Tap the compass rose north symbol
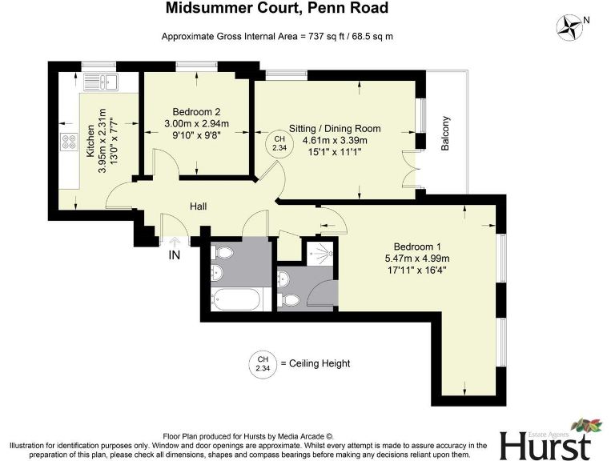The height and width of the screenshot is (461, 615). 573,26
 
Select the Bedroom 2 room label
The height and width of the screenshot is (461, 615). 196,112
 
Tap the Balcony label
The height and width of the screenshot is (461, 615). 446,134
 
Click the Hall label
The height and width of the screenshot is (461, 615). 199,206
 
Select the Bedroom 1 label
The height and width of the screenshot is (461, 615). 417,246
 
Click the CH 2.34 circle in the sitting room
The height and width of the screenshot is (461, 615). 279,144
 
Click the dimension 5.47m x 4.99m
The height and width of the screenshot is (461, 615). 416,258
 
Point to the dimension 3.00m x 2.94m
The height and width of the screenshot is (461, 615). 196,124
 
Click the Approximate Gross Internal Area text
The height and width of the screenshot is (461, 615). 277,37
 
